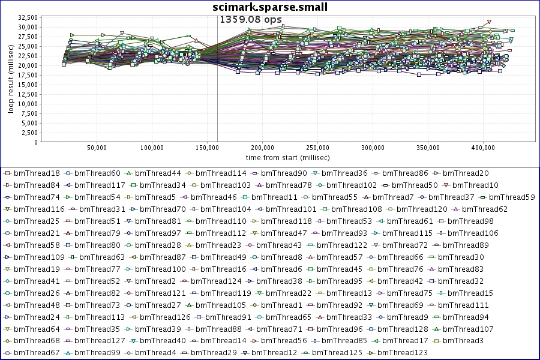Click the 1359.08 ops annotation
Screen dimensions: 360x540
point(251,19)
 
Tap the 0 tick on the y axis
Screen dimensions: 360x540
point(35,142)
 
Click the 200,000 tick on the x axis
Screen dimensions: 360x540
point(262,148)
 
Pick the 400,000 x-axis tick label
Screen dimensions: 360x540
point(483,148)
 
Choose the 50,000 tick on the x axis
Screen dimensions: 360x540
point(97,148)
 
